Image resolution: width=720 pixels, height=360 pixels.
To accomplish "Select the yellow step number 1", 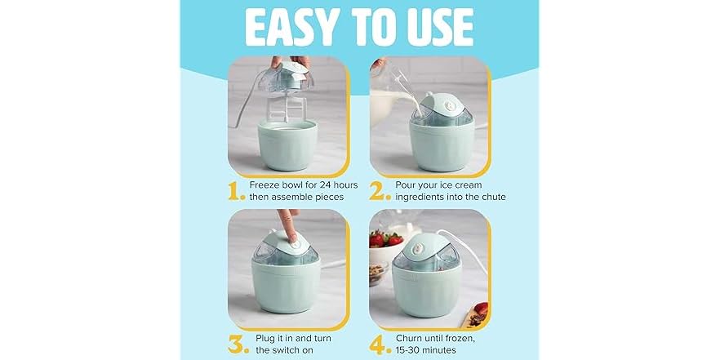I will click(238, 192).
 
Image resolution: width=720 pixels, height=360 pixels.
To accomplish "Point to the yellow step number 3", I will click(238, 343).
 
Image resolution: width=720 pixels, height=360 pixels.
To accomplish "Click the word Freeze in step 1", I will click(269, 185).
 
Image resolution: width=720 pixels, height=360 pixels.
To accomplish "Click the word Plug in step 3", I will click(264, 336).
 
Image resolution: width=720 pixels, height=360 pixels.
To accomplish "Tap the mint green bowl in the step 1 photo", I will click(287, 147).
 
